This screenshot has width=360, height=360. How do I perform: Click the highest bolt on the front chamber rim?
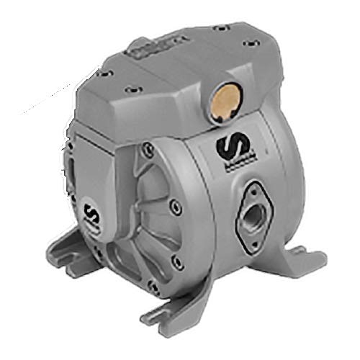[x=148, y=148]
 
